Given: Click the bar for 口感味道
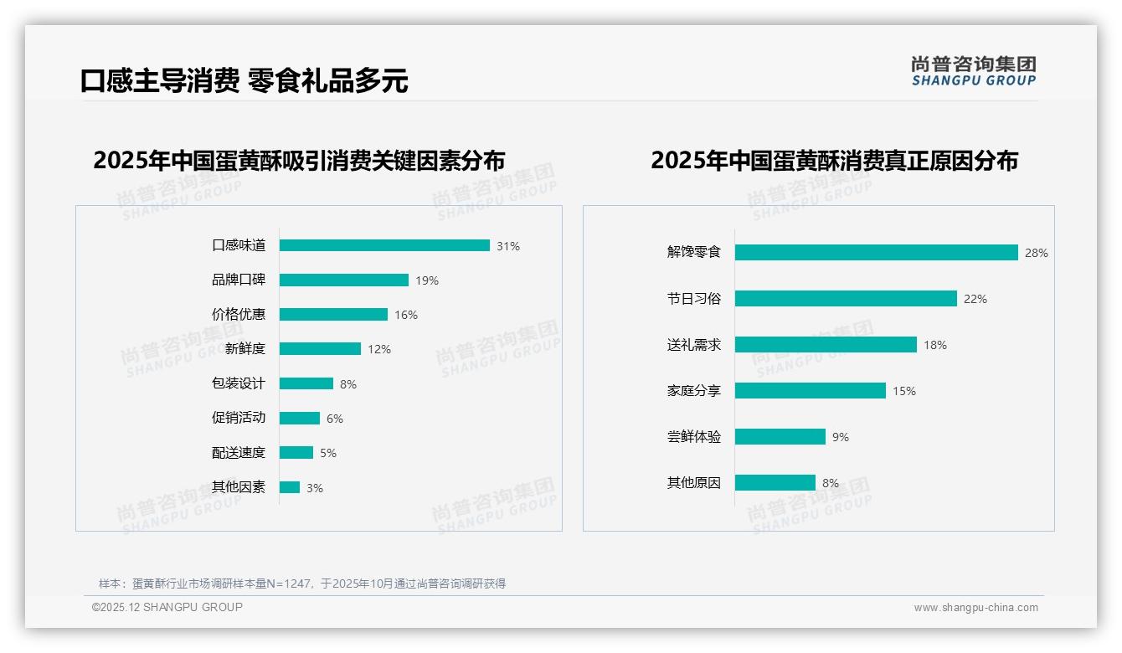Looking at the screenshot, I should pos(384,245).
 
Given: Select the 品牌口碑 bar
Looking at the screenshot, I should pos(344,280).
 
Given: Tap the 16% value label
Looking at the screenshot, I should pos(406,315).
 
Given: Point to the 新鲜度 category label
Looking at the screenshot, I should pos(244,349).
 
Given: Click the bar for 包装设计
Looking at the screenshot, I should pos(306,383).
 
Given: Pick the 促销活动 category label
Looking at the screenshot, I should pos(239,418).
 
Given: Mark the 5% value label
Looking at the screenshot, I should pos(328,453).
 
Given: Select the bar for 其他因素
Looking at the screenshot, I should pos(290,487).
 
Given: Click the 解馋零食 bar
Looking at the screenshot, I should pos(877,252).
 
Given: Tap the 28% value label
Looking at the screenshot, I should pos(1037,253).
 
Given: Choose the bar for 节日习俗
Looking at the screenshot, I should pos(846,298).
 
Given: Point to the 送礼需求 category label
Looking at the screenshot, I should pos(694,344).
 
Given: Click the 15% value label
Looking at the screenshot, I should pos(904,391).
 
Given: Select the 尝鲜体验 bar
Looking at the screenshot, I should pos(780,436).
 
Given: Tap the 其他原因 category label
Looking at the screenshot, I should pos(694,482).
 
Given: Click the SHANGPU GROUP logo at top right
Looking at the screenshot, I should pos(974,71).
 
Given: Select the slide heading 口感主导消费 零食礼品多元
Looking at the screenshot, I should pos(244,80).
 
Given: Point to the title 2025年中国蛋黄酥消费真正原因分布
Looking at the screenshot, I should pos(834,160).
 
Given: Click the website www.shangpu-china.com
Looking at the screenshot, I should pos(975,608).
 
